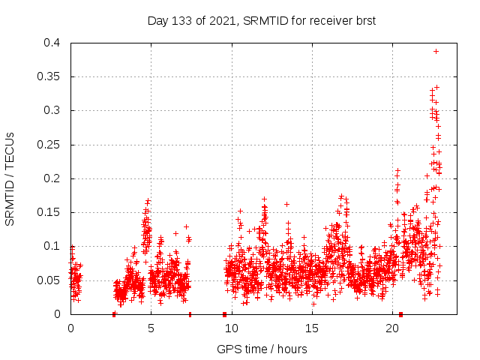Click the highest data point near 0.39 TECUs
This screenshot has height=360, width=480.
(436, 51)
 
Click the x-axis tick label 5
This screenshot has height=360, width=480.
(151, 328)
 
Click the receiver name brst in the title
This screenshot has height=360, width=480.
(364, 20)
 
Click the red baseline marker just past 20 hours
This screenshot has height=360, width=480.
(400, 314)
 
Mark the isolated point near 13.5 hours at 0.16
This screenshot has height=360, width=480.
(286, 204)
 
